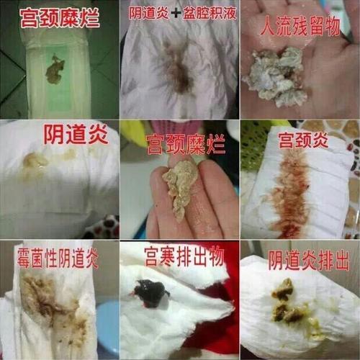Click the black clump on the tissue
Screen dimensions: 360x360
[x=150, y=292]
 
